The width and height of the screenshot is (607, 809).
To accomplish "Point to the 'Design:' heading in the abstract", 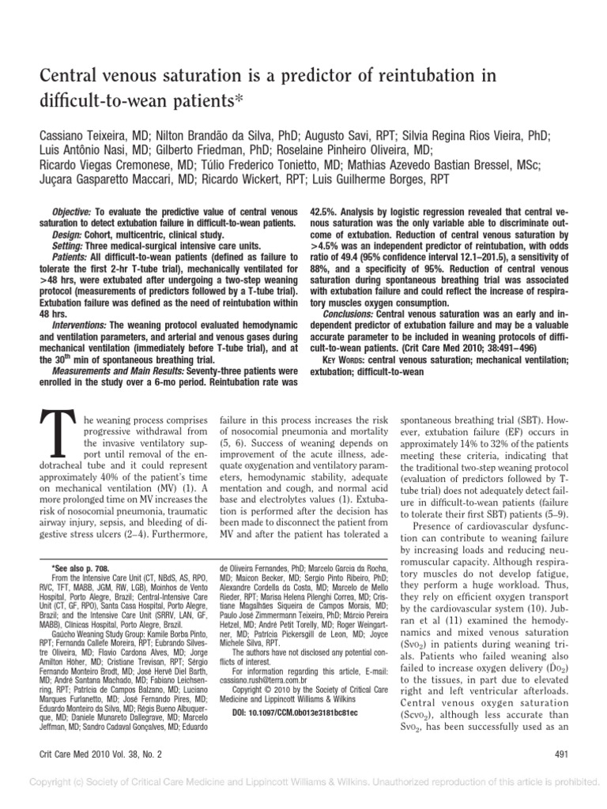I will pos(68,235).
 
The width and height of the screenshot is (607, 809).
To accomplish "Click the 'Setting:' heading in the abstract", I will pos(70,246).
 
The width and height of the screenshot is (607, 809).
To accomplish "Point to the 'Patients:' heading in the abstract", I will pos(72,258).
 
